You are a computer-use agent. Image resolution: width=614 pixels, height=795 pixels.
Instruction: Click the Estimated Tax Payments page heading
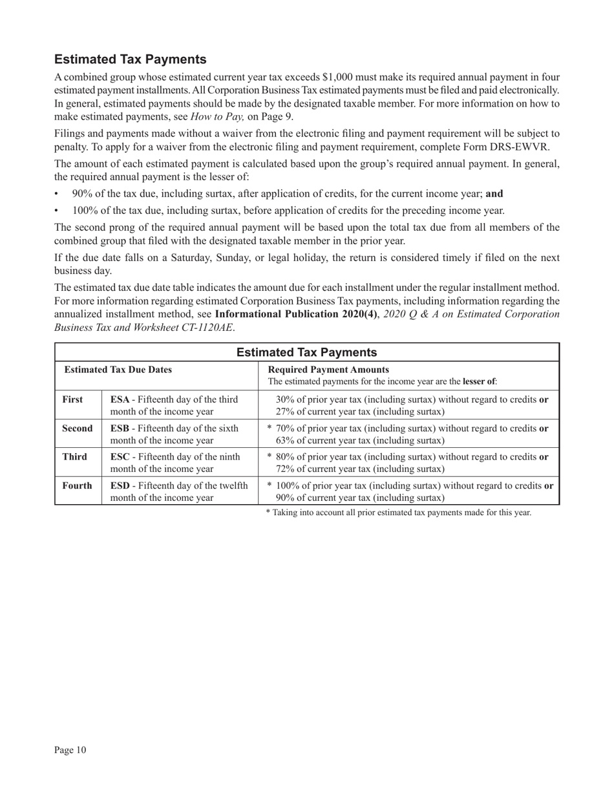click(131, 59)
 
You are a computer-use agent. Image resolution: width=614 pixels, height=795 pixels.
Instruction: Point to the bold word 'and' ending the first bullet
click(494, 193)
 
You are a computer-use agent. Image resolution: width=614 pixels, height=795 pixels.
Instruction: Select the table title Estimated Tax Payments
click(306, 352)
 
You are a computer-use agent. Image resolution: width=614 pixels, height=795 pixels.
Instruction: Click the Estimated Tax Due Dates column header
click(118, 370)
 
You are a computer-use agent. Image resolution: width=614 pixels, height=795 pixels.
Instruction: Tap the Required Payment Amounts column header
click(328, 370)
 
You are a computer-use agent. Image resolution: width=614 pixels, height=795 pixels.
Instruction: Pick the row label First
click(72, 399)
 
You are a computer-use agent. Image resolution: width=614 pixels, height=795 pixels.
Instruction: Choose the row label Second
click(77, 429)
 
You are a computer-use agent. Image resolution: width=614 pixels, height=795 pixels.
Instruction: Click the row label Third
click(74, 457)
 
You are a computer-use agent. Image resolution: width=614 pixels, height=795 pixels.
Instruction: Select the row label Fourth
click(77, 485)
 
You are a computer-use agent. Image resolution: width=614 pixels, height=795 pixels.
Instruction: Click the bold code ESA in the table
click(120, 399)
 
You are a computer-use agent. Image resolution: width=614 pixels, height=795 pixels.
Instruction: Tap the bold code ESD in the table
click(120, 485)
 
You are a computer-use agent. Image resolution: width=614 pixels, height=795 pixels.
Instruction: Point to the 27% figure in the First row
click(285, 412)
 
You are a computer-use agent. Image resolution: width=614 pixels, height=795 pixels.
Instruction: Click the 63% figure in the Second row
click(285, 441)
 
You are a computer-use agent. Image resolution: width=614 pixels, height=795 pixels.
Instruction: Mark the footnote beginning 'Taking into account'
click(399, 513)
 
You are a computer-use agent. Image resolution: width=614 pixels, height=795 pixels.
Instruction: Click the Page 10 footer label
click(70, 750)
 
